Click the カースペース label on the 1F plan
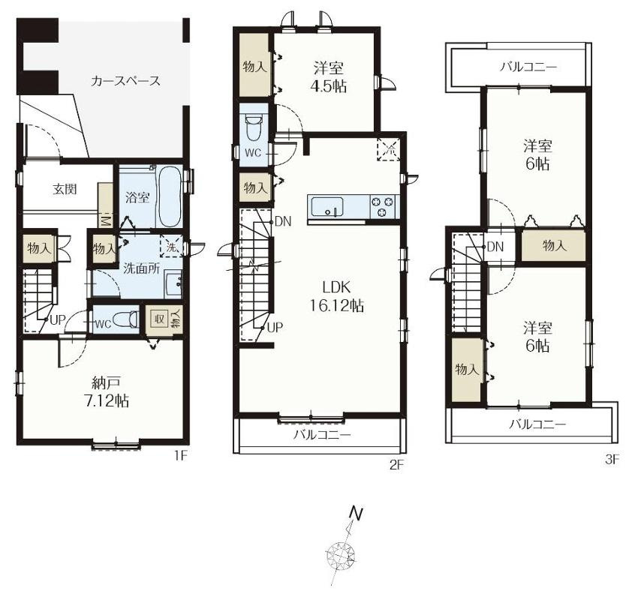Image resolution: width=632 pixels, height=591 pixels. [125, 81]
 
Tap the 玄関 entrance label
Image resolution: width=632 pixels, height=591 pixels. [65, 189]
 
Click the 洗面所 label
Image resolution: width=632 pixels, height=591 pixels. [141, 268]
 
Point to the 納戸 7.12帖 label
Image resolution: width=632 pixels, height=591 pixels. [107, 391]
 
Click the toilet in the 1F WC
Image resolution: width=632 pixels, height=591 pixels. [126, 319]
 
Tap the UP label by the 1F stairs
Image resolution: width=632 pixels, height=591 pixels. [57, 320]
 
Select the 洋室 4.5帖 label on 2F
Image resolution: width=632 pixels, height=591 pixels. [329, 77]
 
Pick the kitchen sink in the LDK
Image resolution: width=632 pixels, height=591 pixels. [327, 207]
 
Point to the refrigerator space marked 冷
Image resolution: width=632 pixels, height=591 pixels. [389, 149]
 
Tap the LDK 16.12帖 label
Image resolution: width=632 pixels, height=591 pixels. [336, 296]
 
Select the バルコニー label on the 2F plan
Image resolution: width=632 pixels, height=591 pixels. [322, 435]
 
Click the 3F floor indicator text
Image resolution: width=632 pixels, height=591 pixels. [611, 460]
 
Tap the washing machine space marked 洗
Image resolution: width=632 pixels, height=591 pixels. [171, 247]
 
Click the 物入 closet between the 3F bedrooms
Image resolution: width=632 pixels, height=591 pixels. [554, 245]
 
